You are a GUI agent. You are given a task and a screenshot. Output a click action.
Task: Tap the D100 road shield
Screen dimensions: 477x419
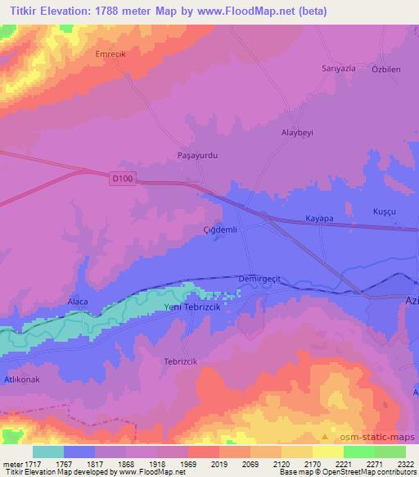click(122, 176)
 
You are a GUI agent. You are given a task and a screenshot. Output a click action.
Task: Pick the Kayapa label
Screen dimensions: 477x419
click(319, 219)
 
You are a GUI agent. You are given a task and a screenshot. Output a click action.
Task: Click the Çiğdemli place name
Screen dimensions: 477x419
click(220, 230)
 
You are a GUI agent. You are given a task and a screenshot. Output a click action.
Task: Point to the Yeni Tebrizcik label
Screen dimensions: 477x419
click(194, 307)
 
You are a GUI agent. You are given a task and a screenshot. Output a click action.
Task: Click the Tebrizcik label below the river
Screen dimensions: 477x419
click(182, 361)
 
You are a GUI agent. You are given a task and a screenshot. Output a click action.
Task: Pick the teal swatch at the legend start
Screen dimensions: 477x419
click(48, 452)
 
